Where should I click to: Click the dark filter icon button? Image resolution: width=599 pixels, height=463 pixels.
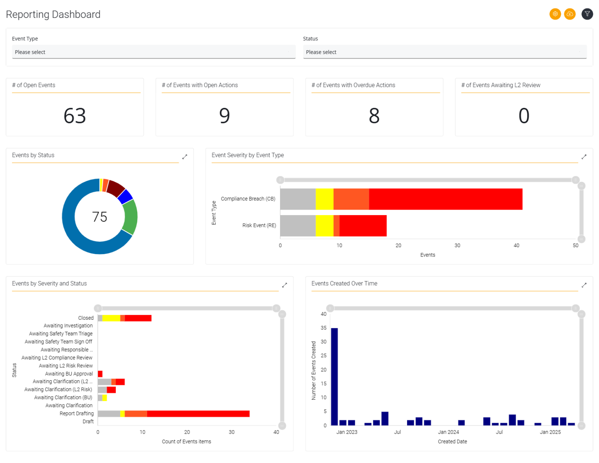(x=587, y=14)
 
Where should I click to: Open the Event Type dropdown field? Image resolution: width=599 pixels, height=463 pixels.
(x=154, y=52)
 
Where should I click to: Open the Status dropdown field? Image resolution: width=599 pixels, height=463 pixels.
(x=445, y=52)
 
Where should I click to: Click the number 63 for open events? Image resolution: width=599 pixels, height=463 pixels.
(x=74, y=116)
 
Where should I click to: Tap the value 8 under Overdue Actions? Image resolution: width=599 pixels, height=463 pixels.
(x=374, y=116)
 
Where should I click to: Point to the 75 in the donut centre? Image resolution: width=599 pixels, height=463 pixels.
(x=99, y=217)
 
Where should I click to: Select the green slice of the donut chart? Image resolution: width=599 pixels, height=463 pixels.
(x=130, y=217)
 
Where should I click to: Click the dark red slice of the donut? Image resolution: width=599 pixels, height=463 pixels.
(x=115, y=188)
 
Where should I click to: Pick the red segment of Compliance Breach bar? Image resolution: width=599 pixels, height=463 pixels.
(x=445, y=199)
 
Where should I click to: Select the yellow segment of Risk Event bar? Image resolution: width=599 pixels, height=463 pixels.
(x=324, y=226)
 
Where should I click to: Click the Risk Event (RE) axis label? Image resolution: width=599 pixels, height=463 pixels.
(x=259, y=226)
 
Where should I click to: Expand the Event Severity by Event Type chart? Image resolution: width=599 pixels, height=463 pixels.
(x=584, y=157)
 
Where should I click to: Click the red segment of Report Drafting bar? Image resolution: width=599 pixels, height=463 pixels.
(x=198, y=414)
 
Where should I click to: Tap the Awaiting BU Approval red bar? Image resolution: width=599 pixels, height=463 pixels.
(x=100, y=374)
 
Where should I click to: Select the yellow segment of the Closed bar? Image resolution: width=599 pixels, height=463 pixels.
(x=111, y=318)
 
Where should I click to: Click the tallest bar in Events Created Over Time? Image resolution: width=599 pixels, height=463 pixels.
(x=334, y=376)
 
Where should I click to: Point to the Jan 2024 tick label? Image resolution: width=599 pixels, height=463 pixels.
(x=448, y=432)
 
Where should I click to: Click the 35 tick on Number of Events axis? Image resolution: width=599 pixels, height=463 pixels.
(x=323, y=328)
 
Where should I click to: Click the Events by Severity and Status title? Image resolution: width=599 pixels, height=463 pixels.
(x=50, y=284)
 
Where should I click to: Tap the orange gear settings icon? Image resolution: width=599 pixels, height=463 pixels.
(x=555, y=14)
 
